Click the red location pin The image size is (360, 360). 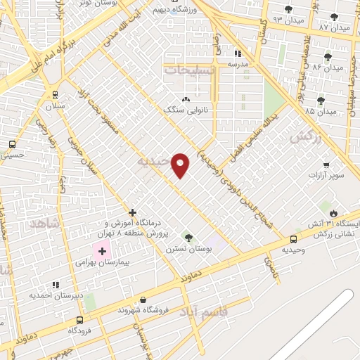[181, 165]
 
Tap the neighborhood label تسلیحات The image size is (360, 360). [189, 70]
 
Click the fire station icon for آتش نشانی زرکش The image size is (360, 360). [333, 212]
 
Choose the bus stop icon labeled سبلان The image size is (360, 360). [55, 94]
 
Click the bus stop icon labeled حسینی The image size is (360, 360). [12, 144]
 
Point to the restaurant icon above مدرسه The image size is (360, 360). [238, 53]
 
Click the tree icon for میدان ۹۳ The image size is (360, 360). [289, 9]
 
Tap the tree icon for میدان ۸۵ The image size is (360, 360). [321, 101]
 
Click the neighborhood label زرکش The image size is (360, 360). [304, 136]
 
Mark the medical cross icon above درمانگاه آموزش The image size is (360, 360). [132, 212]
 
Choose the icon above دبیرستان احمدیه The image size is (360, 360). [55, 285]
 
